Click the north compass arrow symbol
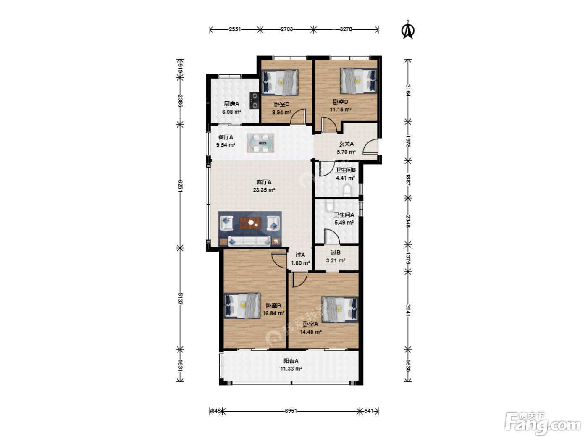(408, 30)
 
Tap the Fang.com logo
(543, 423)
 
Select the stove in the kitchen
(254, 100)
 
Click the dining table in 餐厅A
(260, 143)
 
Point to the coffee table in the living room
(250, 223)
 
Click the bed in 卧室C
(280, 82)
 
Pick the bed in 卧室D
(358, 81)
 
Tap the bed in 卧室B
(242, 305)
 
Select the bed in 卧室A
(340, 309)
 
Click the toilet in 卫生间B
(347, 191)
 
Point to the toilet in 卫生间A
(329, 205)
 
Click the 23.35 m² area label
(264, 190)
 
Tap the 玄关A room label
(346, 144)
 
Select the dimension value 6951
(291, 411)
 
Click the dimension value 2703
(286, 29)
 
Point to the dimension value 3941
(408, 310)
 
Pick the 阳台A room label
(291, 361)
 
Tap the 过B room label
(336, 252)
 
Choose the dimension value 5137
(180, 298)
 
